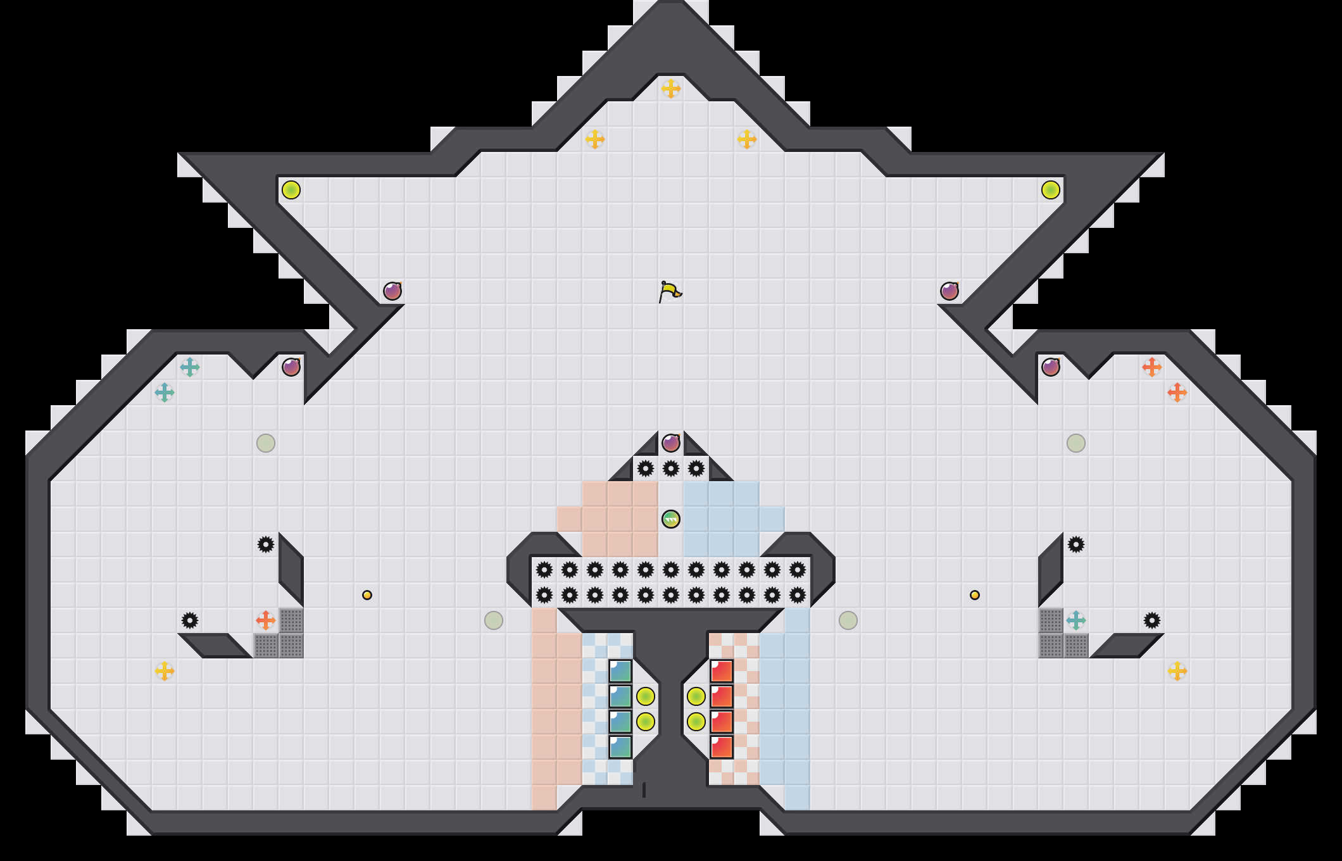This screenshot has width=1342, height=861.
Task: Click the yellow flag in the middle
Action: tap(670, 292)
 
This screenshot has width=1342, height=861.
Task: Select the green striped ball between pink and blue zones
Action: tap(671, 519)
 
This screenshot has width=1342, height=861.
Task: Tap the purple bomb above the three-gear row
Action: tap(671, 443)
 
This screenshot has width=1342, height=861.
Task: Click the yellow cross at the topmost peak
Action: tap(671, 89)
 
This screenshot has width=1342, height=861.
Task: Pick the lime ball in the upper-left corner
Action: tap(291, 190)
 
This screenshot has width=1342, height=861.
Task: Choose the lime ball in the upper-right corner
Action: tap(1051, 190)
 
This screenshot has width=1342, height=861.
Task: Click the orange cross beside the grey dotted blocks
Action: tap(266, 620)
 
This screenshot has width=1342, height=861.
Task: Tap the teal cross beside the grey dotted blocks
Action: tap(1076, 620)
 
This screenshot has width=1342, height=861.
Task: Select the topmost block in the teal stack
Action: tap(620, 671)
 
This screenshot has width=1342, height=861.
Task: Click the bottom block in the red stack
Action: tap(722, 747)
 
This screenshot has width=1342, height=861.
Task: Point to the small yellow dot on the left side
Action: tap(367, 595)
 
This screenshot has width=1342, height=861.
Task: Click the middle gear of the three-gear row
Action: tap(671, 468)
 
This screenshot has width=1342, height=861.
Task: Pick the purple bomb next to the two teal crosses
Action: tap(291, 367)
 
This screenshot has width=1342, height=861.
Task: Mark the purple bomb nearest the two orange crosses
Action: tap(1051, 367)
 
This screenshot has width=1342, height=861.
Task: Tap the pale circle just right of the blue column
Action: tap(848, 620)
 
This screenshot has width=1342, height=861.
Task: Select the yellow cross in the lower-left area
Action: tap(165, 671)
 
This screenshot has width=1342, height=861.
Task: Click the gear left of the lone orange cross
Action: tap(190, 620)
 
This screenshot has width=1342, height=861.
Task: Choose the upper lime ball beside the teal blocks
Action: tap(646, 696)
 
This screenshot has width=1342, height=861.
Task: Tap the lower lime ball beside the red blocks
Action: tap(696, 722)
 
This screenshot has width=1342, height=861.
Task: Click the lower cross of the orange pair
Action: tap(1177, 393)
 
